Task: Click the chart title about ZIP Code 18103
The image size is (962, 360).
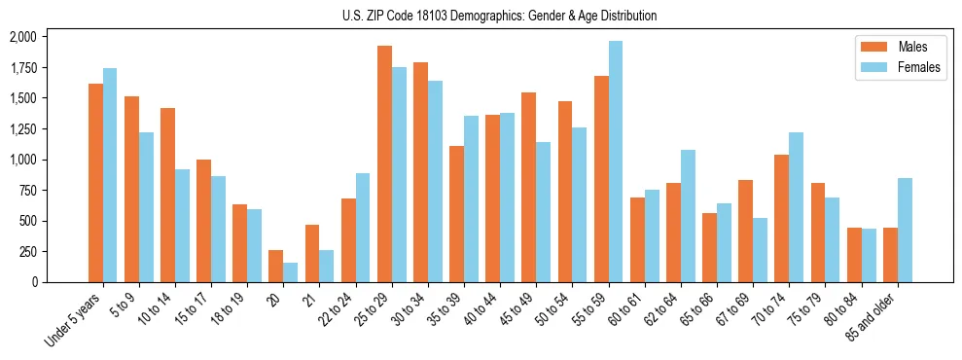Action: [500, 16]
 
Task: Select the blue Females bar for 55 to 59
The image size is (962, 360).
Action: [616, 162]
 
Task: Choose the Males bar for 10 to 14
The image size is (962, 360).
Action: [167, 195]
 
